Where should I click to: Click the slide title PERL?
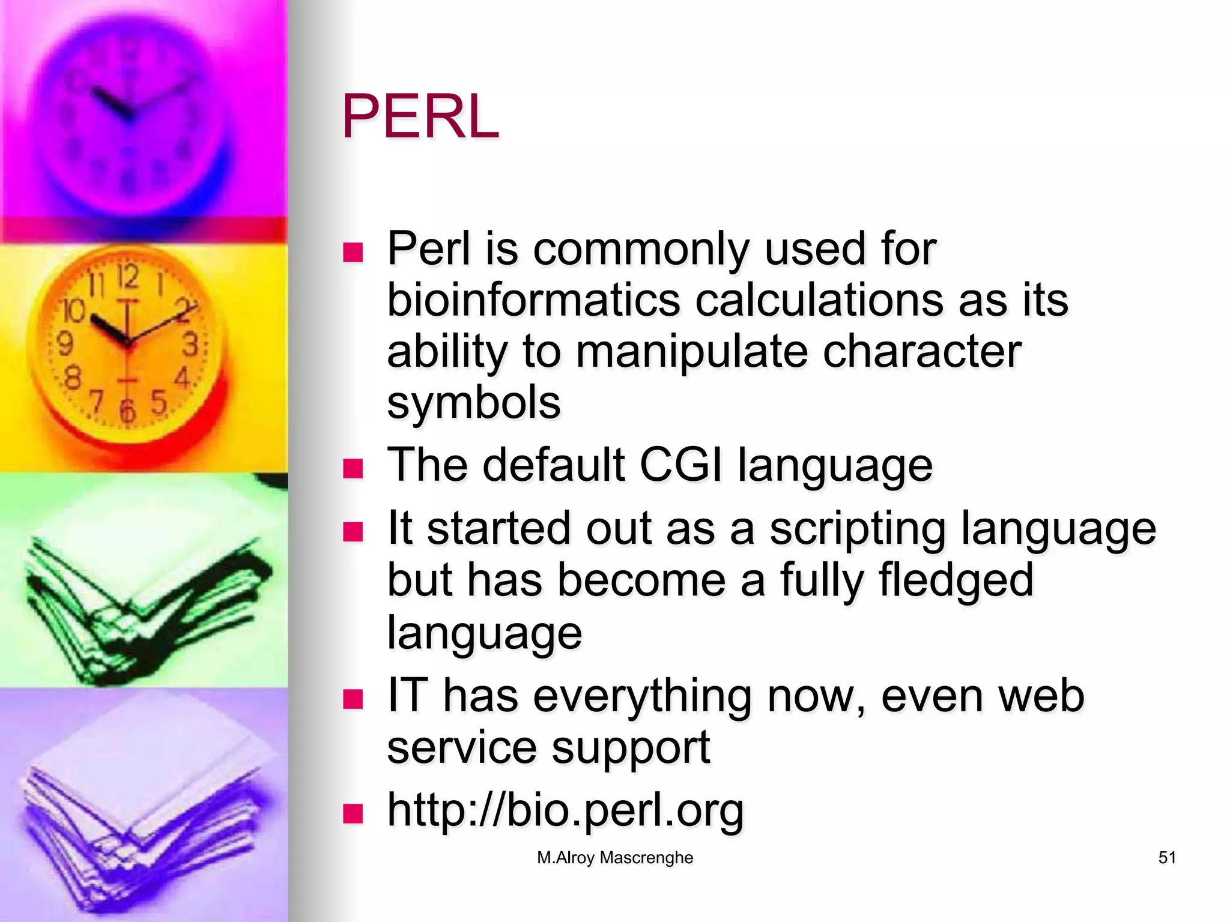(420, 117)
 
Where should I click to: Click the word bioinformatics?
(533, 300)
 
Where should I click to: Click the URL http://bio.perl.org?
(565, 810)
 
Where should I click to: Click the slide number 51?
(1166, 858)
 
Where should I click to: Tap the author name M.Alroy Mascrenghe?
(614, 858)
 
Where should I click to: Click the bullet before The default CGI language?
(353, 468)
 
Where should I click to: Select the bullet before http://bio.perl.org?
(353, 813)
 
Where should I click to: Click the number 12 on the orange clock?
(127, 277)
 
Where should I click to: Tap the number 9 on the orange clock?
(65, 344)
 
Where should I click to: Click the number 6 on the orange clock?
(127, 411)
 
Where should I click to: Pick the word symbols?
(473, 403)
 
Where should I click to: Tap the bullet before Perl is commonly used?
(353, 252)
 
